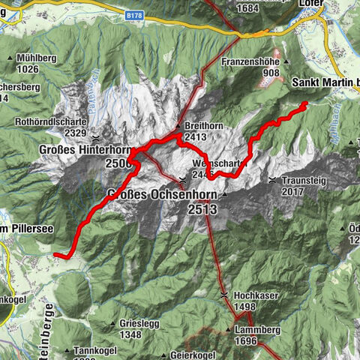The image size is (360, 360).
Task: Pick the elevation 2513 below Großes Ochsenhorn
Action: pos(203,210)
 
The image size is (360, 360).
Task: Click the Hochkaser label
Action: pos(255,295)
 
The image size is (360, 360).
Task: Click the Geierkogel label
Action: pos(177,355)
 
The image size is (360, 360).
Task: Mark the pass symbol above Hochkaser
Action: pos(224,295)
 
